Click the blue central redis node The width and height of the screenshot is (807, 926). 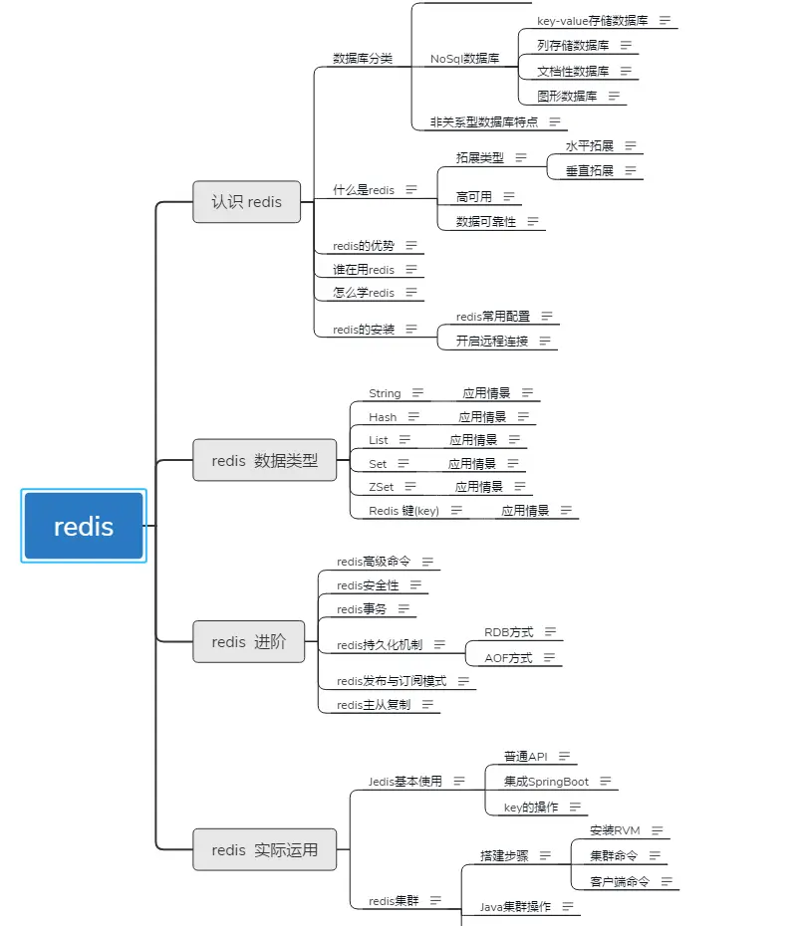point(84,526)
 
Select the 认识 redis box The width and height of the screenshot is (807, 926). point(246,201)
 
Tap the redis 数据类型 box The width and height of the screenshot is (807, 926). point(265,460)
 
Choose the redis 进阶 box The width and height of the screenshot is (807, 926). point(248,642)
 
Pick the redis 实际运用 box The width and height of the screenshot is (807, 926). point(264,849)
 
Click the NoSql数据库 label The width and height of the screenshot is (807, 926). point(464,59)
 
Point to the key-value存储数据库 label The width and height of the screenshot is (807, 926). point(592,20)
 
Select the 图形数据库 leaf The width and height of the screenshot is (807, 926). point(567,97)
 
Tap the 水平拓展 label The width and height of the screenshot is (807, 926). point(590,146)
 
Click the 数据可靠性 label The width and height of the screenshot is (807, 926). point(486,222)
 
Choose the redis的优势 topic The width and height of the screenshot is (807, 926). point(364,245)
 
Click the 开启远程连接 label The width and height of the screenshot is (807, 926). point(492,341)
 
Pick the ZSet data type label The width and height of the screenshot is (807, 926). point(380,487)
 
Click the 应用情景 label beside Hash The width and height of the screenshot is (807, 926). point(482,417)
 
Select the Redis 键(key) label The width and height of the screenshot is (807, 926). point(403,511)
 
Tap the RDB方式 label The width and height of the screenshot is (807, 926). point(509,632)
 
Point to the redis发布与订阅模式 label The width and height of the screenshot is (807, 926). point(392,681)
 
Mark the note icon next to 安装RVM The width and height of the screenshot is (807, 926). point(657,830)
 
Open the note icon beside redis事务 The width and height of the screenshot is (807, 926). point(404,609)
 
